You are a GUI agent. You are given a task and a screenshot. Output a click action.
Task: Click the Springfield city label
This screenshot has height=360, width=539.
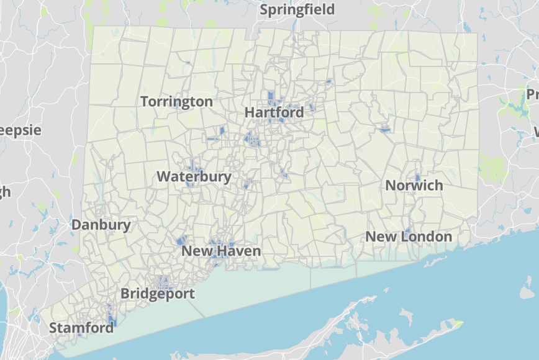pyautogui.click(x=297, y=9)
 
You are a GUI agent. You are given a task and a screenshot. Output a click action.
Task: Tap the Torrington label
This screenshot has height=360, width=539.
pyautogui.click(x=176, y=101)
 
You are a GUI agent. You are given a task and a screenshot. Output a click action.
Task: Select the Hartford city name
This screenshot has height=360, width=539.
pyautogui.click(x=274, y=112)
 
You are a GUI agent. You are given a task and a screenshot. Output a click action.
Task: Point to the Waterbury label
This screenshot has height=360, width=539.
pyautogui.click(x=194, y=176)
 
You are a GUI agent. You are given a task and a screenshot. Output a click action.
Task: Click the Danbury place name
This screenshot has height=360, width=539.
pyautogui.click(x=101, y=225)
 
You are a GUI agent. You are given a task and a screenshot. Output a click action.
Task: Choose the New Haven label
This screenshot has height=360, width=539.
pyautogui.click(x=220, y=251)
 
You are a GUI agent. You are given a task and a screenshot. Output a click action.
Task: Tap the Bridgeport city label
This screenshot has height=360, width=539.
pyautogui.click(x=157, y=294)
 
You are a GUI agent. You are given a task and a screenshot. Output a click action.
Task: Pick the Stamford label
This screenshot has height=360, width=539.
pyautogui.click(x=81, y=327)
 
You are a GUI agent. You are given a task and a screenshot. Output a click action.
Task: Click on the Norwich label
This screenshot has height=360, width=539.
pyautogui.click(x=414, y=185)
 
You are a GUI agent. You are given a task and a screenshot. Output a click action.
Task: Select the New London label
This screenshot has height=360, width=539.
pyautogui.click(x=409, y=236)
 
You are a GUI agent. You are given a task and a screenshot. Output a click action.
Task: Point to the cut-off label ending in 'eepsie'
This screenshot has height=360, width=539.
pyautogui.click(x=20, y=130)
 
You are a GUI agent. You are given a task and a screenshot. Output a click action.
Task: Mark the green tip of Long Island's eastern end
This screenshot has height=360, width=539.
pyautogui.click(x=458, y=323)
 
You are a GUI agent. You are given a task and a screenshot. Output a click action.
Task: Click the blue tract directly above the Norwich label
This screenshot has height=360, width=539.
pyautogui.click(x=417, y=178)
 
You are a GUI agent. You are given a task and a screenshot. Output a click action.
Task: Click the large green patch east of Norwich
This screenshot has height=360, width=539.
pyautogui.click(x=494, y=166)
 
